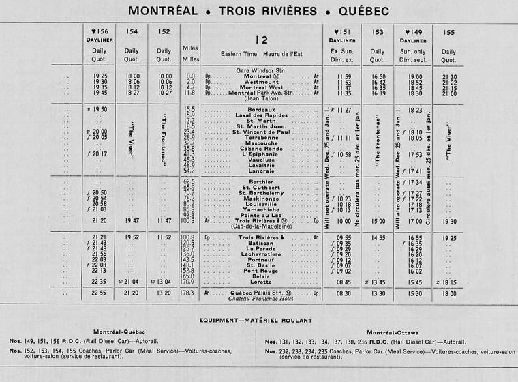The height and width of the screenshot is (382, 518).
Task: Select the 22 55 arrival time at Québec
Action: [x=100, y=293]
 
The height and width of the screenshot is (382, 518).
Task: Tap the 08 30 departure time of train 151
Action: [x=344, y=293]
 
